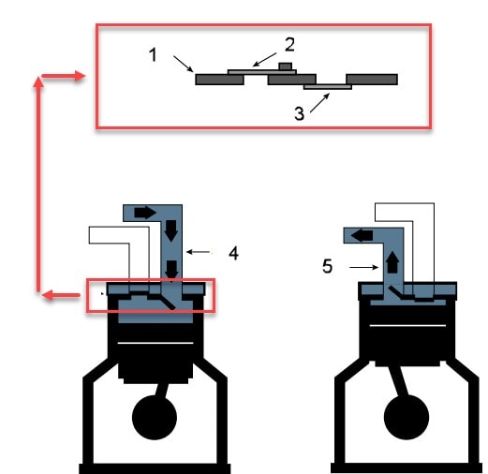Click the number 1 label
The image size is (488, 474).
pyautogui.click(x=153, y=55)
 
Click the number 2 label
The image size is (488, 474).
pyautogui.click(x=289, y=45)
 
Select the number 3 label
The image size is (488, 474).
pyautogui.click(x=299, y=113)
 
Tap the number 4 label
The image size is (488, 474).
pyautogui.click(x=233, y=253)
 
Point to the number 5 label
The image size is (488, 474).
pyautogui.click(x=327, y=266)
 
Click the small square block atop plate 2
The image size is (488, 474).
pyautogui.click(x=286, y=67)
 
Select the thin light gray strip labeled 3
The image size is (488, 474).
pyautogui.click(x=328, y=87)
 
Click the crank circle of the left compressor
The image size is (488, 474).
pyautogui.click(x=155, y=417)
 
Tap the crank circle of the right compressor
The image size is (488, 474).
pyautogui.click(x=407, y=417)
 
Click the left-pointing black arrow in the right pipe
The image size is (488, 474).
pyautogui.click(x=362, y=235)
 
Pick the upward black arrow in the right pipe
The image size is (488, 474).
pyautogui.click(x=392, y=262)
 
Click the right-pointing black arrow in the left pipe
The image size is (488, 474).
pyautogui.click(x=145, y=213)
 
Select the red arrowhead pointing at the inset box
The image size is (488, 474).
pyautogui.click(x=80, y=76)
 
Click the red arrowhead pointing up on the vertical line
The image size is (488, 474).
pyautogui.click(x=38, y=82)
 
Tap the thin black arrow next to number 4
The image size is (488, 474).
pyautogui.click(x=199, y=252)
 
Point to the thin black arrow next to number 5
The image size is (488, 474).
pyautogui.click(x=364, y=267)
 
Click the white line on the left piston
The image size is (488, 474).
pyautogui.click(x=155, y=343)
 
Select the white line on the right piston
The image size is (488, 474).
pyautogui.click(x=407, y=326)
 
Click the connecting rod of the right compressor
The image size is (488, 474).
pyautogui.click(x=399, y=381)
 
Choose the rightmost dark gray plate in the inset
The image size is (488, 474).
pyautogui.click(x=372, y=80)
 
